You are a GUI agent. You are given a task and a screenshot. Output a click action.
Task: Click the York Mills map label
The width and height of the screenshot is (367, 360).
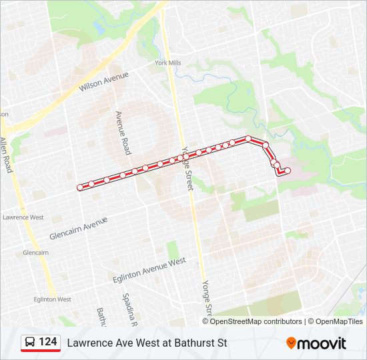167,63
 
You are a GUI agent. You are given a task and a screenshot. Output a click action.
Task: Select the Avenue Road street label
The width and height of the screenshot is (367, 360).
122,133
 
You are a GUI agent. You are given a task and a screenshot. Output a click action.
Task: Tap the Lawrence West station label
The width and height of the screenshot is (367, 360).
23,217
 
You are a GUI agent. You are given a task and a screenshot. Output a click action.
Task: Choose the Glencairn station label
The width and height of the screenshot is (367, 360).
35,253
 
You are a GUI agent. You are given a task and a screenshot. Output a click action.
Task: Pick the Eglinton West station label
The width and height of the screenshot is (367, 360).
51,299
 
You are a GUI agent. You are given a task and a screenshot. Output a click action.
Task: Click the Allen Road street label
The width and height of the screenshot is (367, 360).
7,155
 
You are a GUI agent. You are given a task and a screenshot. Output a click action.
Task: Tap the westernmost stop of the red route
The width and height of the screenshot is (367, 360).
80,187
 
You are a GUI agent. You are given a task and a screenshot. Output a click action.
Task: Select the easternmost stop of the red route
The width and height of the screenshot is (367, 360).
288,171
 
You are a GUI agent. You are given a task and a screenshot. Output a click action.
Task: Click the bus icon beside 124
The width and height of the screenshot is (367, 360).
30,343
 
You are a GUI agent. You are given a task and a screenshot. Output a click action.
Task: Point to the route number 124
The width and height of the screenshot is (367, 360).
48,342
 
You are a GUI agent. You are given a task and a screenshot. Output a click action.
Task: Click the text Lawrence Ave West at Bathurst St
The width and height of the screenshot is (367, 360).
147,343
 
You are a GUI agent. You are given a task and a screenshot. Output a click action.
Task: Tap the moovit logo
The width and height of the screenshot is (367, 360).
316,343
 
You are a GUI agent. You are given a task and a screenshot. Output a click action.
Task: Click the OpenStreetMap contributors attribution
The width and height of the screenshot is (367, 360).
256,321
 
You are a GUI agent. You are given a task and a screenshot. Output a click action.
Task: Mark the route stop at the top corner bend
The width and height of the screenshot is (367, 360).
248,139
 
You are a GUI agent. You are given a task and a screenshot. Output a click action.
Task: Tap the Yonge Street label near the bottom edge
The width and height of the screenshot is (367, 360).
208,299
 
